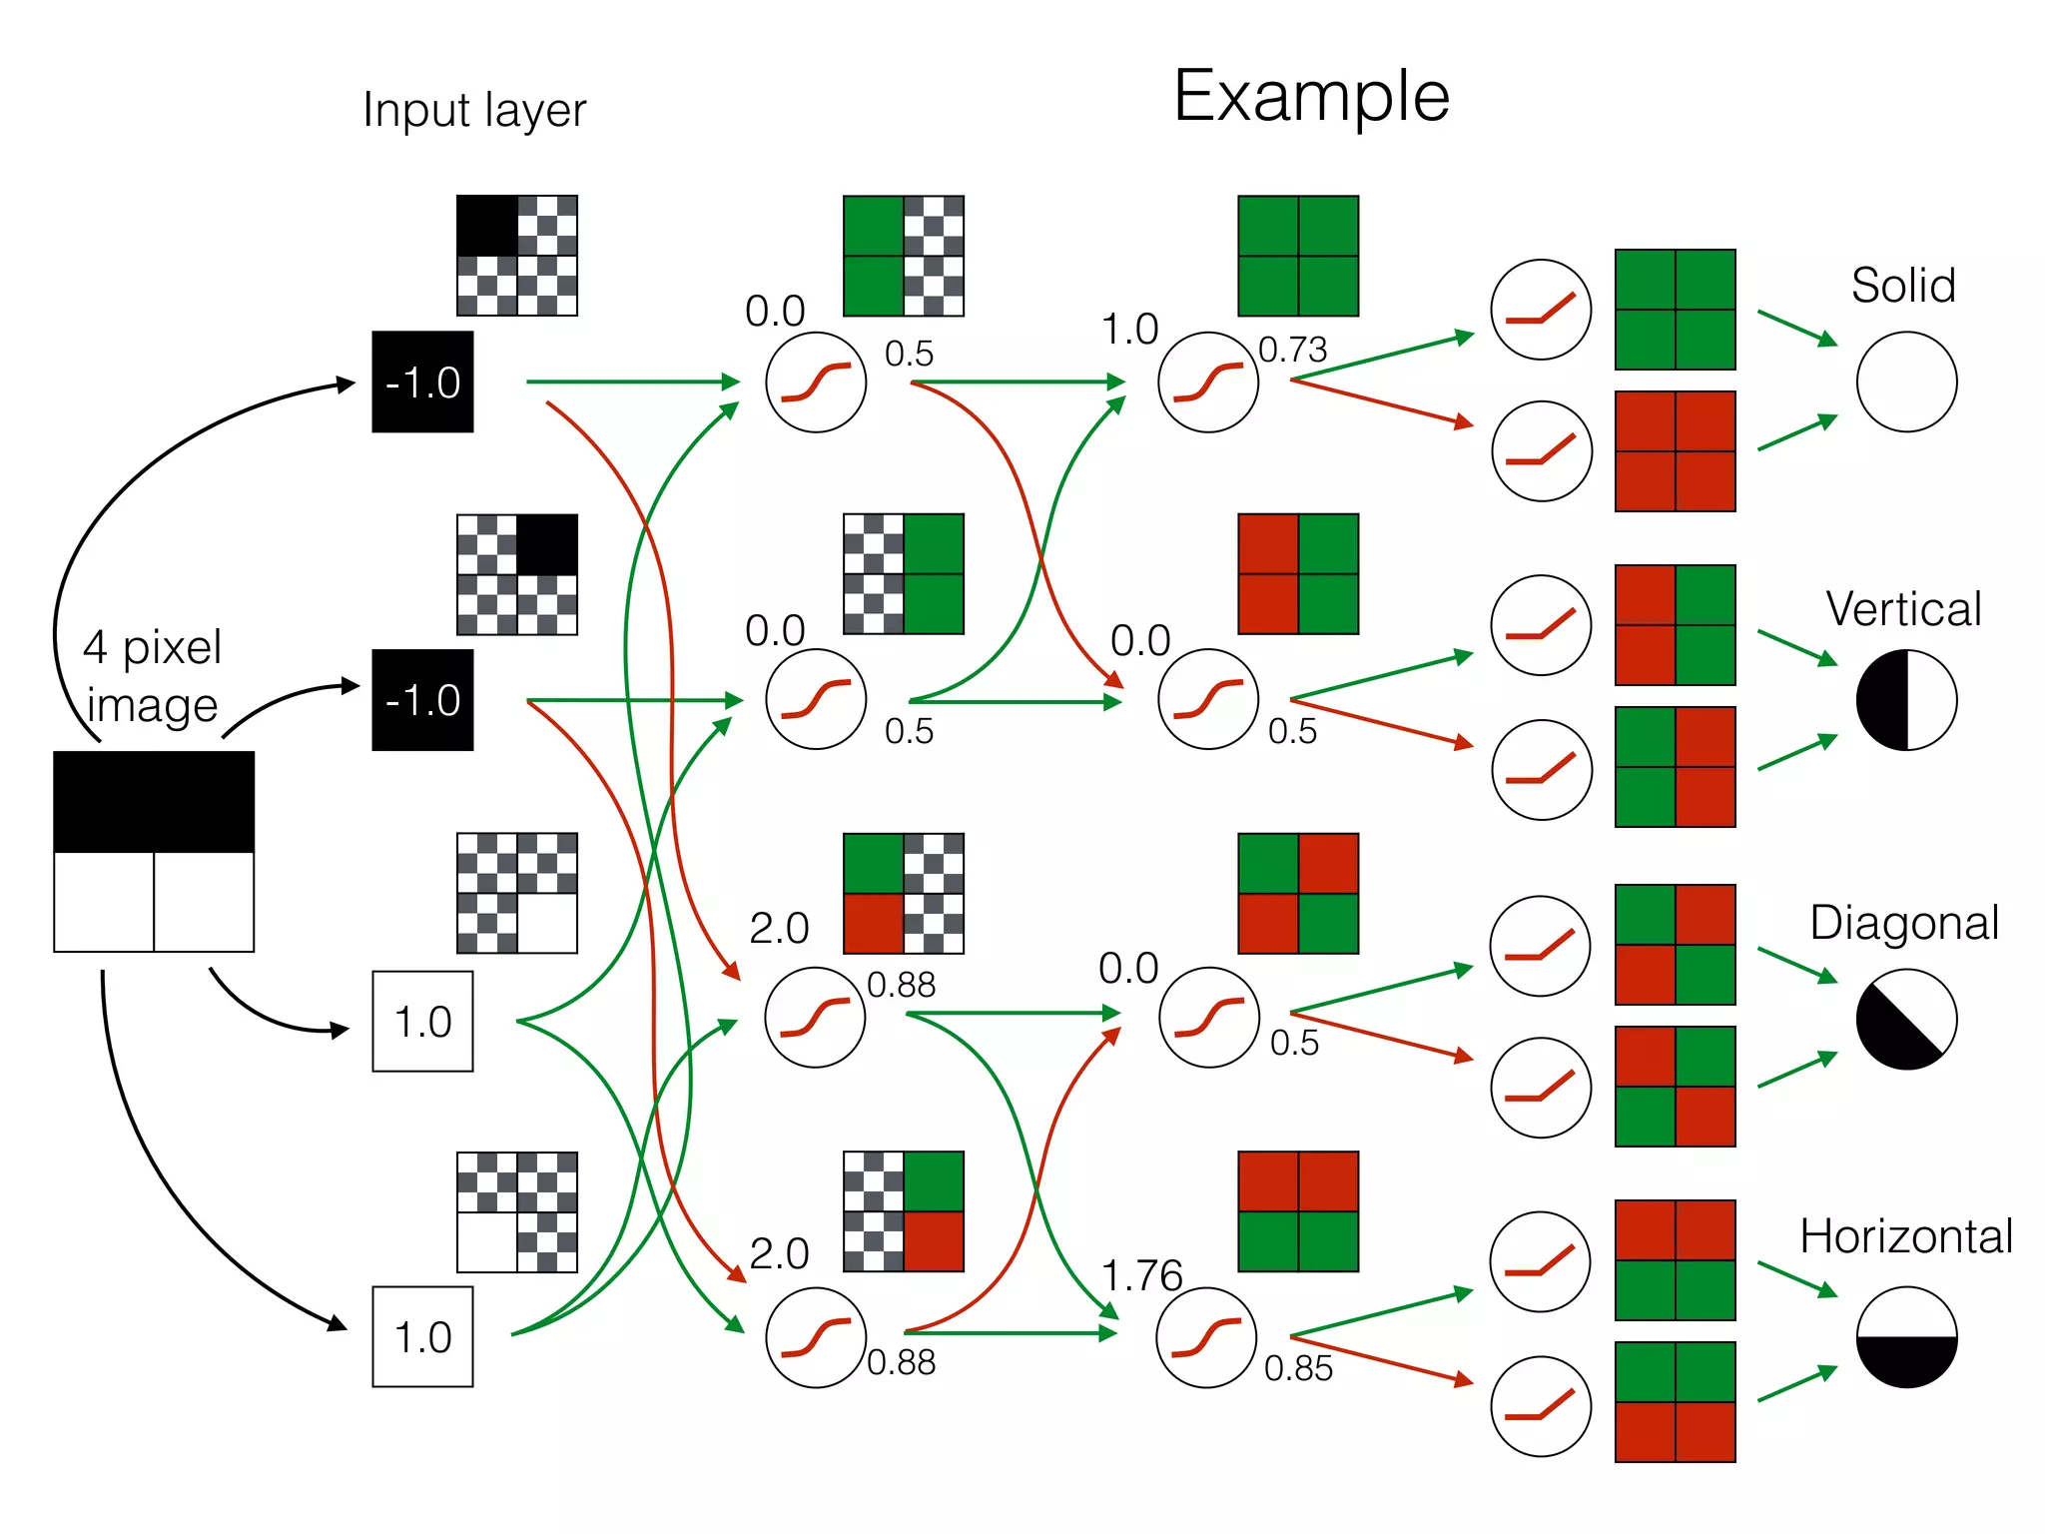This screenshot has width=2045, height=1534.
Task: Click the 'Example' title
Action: (1310, 97)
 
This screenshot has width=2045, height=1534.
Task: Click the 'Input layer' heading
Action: (474, 110)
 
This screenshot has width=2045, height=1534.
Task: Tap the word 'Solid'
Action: (1902, 286)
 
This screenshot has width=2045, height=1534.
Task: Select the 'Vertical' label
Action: (1903, 609)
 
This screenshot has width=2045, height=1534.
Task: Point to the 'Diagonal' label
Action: (1903, 923)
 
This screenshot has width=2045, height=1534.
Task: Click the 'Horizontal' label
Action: (1905, 1236)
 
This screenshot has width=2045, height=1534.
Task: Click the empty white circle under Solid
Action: (1906, 382)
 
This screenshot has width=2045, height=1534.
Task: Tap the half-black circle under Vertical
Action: (1906, 700)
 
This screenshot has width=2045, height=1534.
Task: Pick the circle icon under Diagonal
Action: (1906, 1019)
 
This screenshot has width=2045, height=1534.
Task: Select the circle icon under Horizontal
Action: (1906, 1337)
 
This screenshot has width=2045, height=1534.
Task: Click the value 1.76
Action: (1141, 1275)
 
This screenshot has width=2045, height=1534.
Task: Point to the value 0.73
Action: (1292, 350)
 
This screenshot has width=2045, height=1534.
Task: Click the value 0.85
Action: (1298, 1368)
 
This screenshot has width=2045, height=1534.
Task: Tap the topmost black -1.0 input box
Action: (422, 382)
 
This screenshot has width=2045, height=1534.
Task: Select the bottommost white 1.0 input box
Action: (422, 1336)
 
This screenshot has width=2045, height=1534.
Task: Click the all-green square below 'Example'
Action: (1298, 256)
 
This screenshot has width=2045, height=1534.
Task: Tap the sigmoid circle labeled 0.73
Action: (1208, 382)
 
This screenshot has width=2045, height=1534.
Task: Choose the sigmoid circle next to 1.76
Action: (1206, 1337)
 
